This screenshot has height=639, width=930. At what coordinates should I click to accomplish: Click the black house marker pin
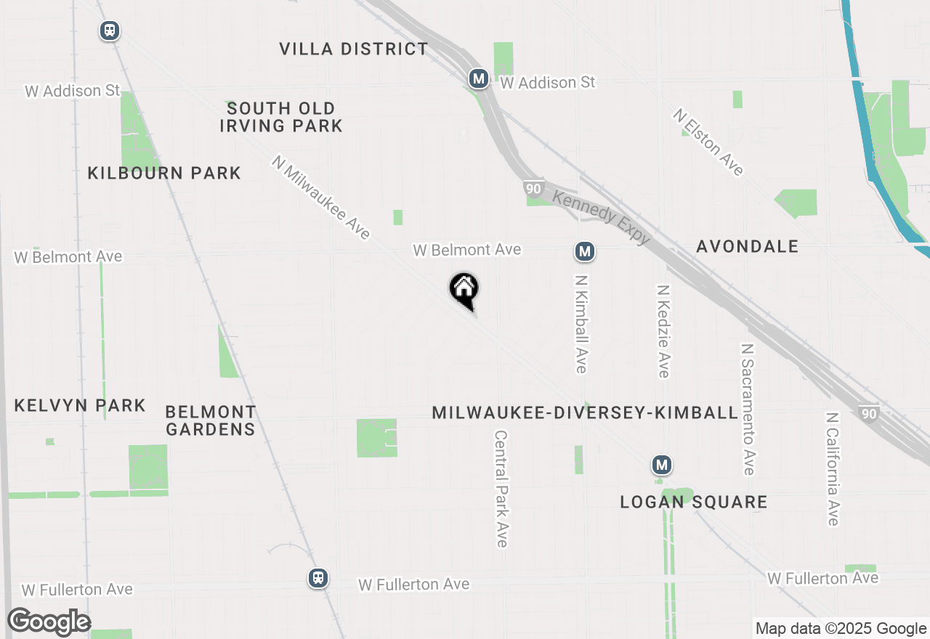[x=464, y=290]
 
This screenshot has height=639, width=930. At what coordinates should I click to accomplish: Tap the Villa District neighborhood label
[x=354, y=49]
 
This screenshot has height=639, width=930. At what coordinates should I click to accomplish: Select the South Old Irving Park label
[x=281, y=117]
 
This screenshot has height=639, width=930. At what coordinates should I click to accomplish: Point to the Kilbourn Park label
[x=164, y=173]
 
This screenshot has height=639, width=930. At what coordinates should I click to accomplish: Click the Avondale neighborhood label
[x=747, y=246]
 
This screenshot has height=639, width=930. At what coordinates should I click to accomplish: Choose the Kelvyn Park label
[x=80, y=405]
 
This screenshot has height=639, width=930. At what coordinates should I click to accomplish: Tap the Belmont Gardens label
[x=211, y=420]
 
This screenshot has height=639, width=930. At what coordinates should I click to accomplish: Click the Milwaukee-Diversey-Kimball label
[x=585, y=413]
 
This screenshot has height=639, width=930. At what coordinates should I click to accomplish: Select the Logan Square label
[x=694, y=502]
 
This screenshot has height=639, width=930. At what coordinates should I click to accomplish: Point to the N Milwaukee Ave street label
[x=321, y=197]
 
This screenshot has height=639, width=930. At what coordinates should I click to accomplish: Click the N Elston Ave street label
[x=708, y=142]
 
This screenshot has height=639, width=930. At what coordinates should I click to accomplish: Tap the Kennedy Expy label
[x=601, y=217]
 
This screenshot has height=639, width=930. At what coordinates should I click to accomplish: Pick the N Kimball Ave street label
[x=581, y=324]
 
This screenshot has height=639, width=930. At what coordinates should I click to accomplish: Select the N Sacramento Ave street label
[x=748, y=409]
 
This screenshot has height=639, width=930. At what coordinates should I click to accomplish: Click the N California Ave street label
[x=833, y=469]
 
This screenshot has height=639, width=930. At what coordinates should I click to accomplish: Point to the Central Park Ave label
[x=501, y=489]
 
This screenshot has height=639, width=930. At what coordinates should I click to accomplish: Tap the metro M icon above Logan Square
[x=661, y=464]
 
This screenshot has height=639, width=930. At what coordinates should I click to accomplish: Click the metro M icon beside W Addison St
[x=478, y=78]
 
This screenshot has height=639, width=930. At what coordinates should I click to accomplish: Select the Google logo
[x=49, y=622]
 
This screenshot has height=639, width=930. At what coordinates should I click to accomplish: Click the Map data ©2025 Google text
[x=841, y=629]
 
